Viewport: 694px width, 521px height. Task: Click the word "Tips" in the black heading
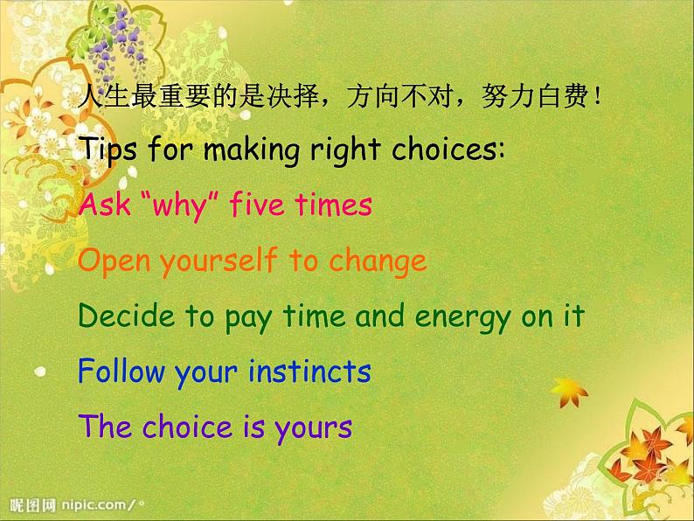click(109, 150)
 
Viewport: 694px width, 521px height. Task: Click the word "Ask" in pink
click(99, 205)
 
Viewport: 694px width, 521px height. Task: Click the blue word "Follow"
click(121, 372)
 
